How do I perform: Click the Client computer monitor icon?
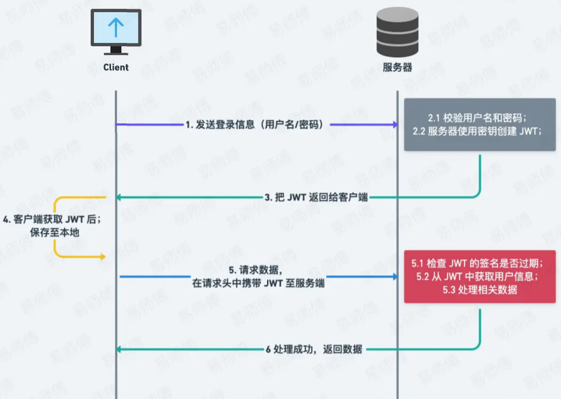pyautogui.click(x=115, y=32)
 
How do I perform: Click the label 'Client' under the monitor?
pyautogui.click(x=115, y=67)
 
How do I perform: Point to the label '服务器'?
pyautogui.click(x=397, y=68)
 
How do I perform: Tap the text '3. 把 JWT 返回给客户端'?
pyautogui.click(x=316, y=197)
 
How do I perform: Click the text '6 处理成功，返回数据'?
pyautogui.click(x=314, y=349)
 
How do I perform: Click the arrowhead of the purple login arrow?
pyautogui.click(x=394, y=125)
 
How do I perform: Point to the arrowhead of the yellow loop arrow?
pyautogui.click(x=102, y=257)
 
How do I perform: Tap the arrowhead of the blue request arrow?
pyautogui.click(x=394, y=276)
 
